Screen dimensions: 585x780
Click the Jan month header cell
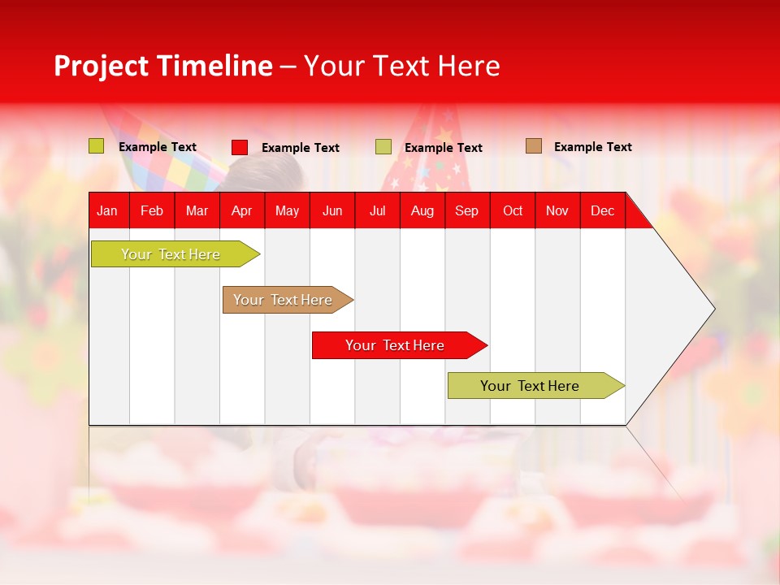click(x=108, y=210)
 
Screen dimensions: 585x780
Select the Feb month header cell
click(x=152, y=210)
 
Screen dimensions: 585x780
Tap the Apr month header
click(x=242, y=210)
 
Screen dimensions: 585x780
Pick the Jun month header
click(x=332, y=210)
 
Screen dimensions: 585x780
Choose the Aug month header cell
click(x=422, y=210)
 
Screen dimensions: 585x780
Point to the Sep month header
click(x=467, y=210)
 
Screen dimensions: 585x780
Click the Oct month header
click(x=513, y=210)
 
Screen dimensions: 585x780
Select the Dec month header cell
click(x=602, y=210)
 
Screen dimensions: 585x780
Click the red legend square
click(x=240, y=147)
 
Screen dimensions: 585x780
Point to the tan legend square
click(x=534, y=146)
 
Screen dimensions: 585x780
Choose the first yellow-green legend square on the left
click(x=97, y=146)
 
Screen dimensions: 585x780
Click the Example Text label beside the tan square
click(x=592, y=147)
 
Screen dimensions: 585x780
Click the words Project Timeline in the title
click(x=163, y=66)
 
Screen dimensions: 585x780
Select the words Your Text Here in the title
click(x=401, y=66)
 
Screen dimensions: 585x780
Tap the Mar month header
click(x=197, y=210)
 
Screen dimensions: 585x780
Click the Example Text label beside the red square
click(x=300, y=148)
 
